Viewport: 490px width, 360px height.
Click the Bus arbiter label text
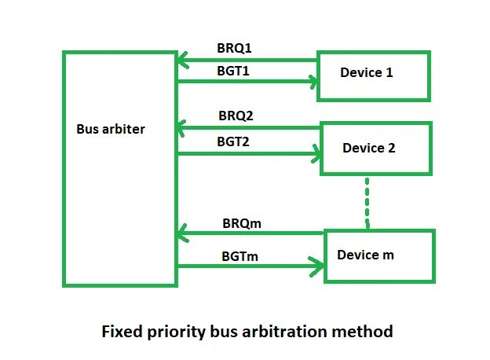click(110, 129)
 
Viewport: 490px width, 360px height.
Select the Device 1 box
click(373, 76)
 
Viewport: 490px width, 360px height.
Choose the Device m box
click(378, 255)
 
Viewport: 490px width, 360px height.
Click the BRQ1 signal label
click(235, 49)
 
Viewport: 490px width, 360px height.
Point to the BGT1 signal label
click(235, 71)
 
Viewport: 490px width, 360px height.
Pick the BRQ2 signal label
click(236, 116)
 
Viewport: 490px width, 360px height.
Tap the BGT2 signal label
click(235, 141)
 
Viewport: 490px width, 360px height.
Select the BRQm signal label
click(240, 223)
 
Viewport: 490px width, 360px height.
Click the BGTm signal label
click(240, 256)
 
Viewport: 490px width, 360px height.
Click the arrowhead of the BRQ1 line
click(182, 59)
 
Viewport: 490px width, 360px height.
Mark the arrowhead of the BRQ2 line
click(182, 127)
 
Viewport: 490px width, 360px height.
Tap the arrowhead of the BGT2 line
click(316, 153)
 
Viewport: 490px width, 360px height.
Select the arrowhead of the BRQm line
click(182, 233)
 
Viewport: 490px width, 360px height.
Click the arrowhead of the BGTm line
click(319, 267)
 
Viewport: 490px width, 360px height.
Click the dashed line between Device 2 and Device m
click(367, 203)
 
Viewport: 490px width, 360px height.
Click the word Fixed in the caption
click(121, 331)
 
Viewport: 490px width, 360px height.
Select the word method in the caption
click(367, 331)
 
